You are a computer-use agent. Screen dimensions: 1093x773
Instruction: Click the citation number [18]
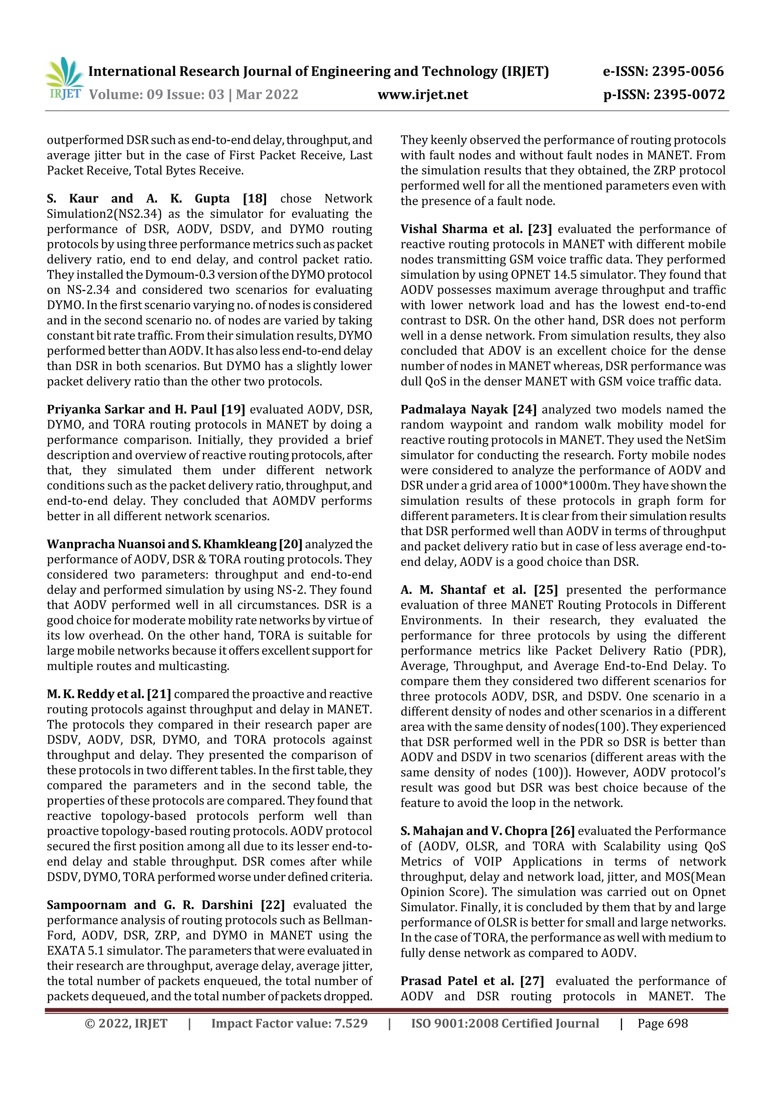254,198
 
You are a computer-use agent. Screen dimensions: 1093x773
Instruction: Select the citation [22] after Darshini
273,905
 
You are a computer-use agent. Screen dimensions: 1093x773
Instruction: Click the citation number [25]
545,590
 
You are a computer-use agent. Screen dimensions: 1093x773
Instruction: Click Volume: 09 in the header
125,94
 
